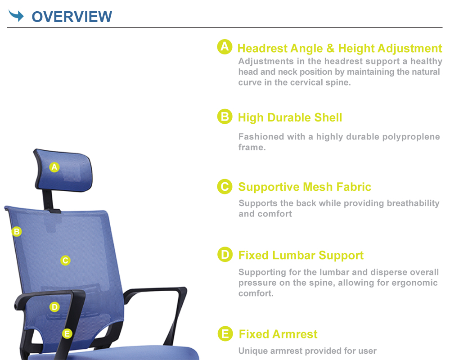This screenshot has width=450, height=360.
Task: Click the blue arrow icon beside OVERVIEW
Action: [x=16, y=15]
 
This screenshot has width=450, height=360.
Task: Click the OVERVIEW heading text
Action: [x=72, y=17]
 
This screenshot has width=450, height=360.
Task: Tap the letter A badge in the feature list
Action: [x=225, y=47]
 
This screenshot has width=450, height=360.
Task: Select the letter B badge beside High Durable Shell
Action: [x=225, y=117]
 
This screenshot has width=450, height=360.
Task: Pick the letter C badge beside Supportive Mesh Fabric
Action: [x=225, y=187]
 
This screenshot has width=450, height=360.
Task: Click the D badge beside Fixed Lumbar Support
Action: [x=225, y=254]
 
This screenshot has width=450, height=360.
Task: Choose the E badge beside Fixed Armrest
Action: [x=225, y=333]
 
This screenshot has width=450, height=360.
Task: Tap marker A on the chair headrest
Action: [x=54, y=167]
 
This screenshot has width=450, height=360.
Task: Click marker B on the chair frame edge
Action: [x=17, y=231]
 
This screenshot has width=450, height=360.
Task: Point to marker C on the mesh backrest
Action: [x=65, y=261]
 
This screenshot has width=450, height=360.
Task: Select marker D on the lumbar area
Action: [x=54, y=307]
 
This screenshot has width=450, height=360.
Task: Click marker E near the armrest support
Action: [x=67, y=333]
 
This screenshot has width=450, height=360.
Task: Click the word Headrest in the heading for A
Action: [x=262, y=48]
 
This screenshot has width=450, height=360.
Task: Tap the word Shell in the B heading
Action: [x=328, y=117]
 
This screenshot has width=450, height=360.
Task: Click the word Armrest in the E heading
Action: [x=295, y=334]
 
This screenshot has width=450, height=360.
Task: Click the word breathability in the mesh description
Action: [x=413, y=203]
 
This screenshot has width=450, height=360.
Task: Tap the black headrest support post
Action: [x=48, y=199]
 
